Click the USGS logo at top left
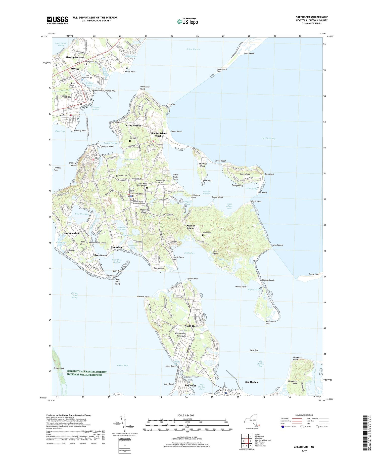point(57,20)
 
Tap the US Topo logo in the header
point(187,22)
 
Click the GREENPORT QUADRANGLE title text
point(312,17)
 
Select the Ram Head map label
point(269,174)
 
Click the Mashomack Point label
point(271,322)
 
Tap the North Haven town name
point(192,326)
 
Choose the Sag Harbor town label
point(252,382)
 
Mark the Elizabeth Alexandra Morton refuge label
point(87,373)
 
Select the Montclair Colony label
point(117,248)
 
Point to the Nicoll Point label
point(278,245)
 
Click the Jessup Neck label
point(59,368)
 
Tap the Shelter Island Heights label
point(159,135)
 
